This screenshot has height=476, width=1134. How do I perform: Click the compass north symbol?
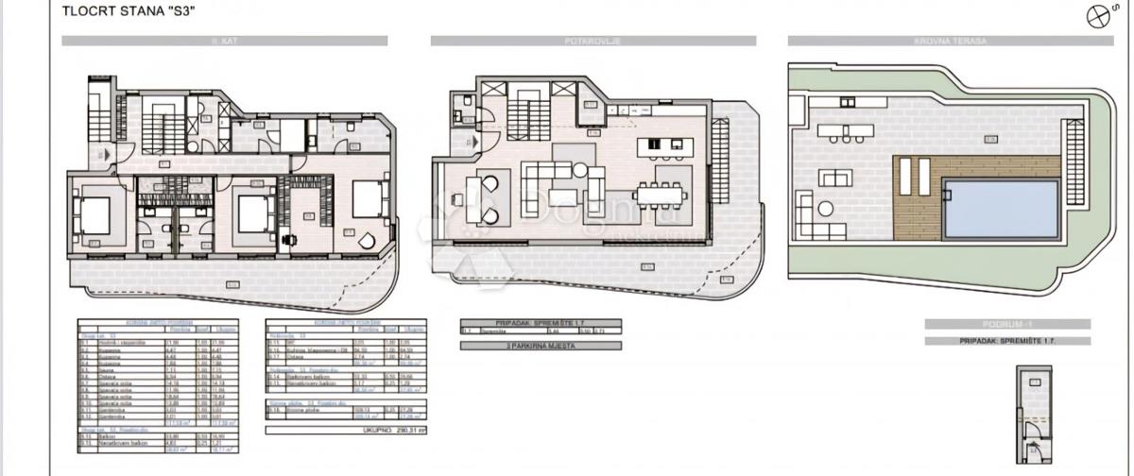tap(1098, 17)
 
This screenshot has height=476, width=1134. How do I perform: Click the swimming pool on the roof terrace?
tap(1001, 209)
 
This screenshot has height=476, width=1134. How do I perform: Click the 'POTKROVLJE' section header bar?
tap(593, 41)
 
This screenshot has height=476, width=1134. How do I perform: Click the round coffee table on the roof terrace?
tap(826, 210)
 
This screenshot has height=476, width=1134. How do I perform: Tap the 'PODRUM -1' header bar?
tap(1006, 324)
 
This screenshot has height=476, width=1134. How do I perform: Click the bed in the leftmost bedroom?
tap(95, 213)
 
